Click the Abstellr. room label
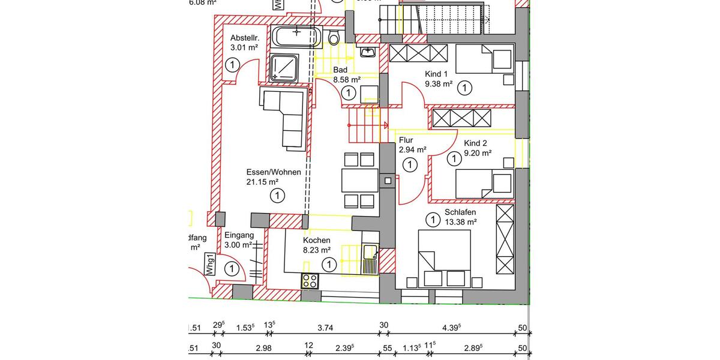(x=244, y=37)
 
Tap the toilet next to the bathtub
(x=334, y=37)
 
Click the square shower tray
(x=285, y=67)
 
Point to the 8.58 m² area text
(x=347, y=79)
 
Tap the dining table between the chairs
(x=359, y=179)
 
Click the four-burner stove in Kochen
(x=310, y=280)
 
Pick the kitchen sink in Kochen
(x=368, y=259)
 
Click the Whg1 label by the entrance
(x=209, y=264)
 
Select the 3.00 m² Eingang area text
(x=238, y=245)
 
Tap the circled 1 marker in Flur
(x=410, y=164)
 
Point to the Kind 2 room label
(x=475, y=143)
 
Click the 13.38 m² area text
(x=460, y=223)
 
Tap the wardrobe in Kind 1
(x=418, y=53)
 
